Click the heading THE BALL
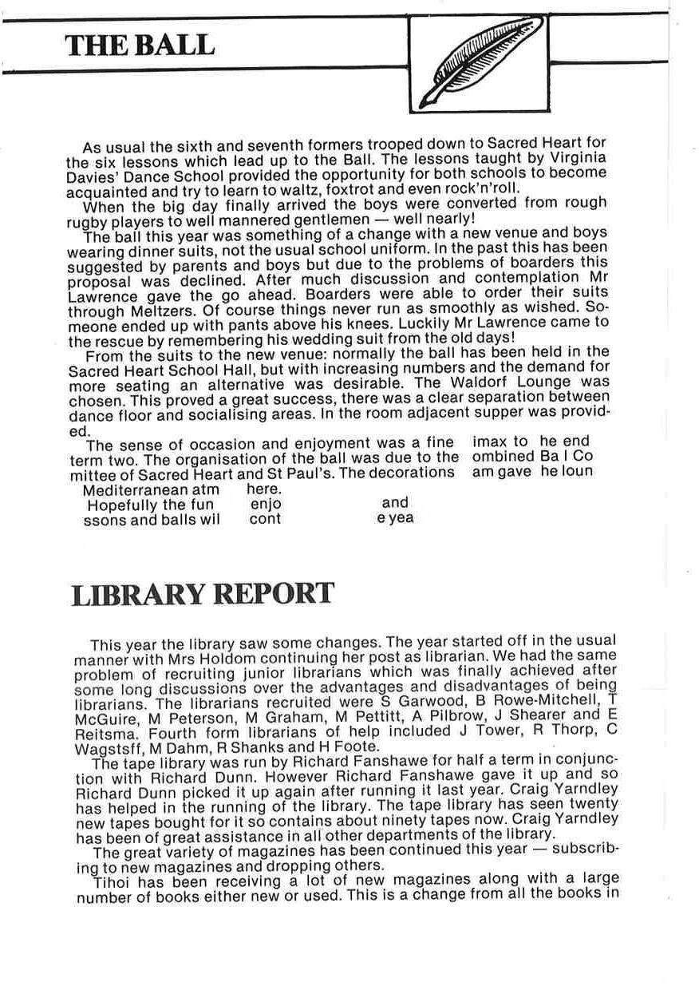point(140,45)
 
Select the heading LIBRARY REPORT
point(203,594)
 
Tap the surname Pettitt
point(361,716)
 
